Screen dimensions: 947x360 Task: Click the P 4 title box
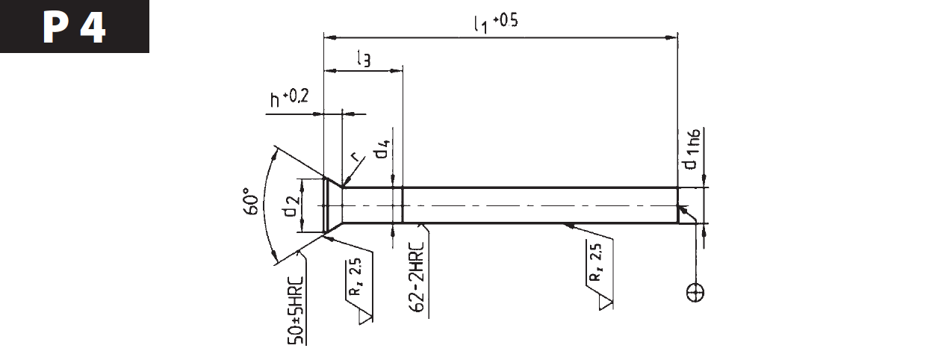75,26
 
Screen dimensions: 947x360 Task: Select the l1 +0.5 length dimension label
496,23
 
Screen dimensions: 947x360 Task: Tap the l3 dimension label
364,58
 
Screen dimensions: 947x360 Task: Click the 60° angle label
251,202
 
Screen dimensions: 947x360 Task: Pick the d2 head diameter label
292,206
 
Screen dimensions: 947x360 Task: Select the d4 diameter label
382,149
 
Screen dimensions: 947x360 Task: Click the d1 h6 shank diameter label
692,149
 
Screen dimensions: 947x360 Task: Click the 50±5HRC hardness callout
296,311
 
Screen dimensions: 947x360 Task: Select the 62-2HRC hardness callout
417,278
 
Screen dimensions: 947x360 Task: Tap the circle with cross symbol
695,292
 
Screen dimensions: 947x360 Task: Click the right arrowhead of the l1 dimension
671,37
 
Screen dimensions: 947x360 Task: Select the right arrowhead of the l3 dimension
396,71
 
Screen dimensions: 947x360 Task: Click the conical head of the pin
332,205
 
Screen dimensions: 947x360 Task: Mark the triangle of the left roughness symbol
366,317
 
